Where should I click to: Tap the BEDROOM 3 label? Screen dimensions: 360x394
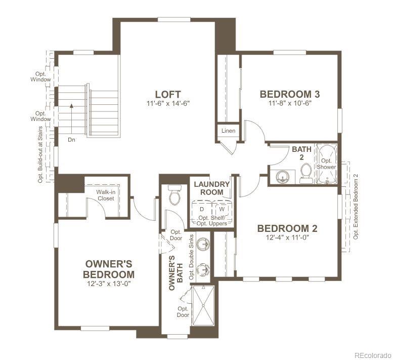[289, 94]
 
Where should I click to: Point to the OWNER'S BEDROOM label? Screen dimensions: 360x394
[109, 269]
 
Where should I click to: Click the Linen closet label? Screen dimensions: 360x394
[228, 131]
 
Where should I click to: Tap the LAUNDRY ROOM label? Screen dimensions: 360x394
[212, 188]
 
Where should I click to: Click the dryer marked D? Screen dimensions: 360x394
[202, 209]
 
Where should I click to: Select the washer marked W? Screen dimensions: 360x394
[222, 209]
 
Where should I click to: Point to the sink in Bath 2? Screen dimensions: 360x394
[281, 176]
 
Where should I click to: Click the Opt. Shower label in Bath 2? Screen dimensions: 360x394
[326, 164]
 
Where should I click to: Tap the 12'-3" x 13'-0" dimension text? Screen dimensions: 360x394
[109, 284]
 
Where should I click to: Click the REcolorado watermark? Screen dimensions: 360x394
[372, 354]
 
